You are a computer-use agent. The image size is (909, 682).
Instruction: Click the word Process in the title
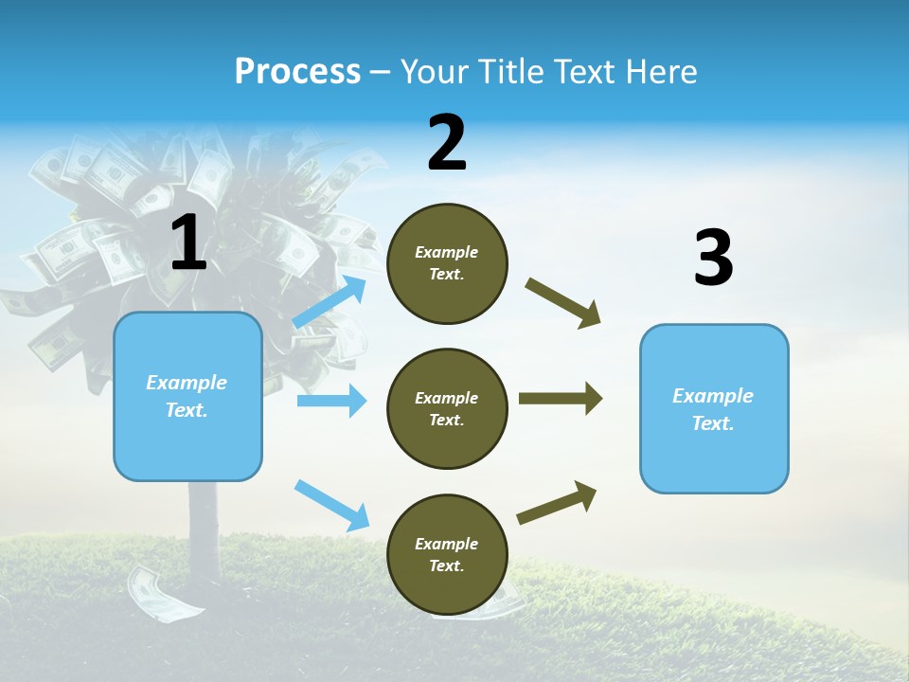pos(297,71)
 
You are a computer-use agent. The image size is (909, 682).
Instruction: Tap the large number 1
pos(188,242)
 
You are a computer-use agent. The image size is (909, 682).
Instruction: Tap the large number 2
pos(447,142)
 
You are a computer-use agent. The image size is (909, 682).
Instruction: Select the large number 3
pos(713,259)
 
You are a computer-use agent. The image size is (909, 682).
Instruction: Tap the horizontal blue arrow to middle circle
pos(331,401)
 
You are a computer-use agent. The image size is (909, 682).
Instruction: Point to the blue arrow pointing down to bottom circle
pos(331,505)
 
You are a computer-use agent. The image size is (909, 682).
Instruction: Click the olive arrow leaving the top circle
pos(563,303)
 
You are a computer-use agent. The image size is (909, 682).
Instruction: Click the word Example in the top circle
pos(446,252)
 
